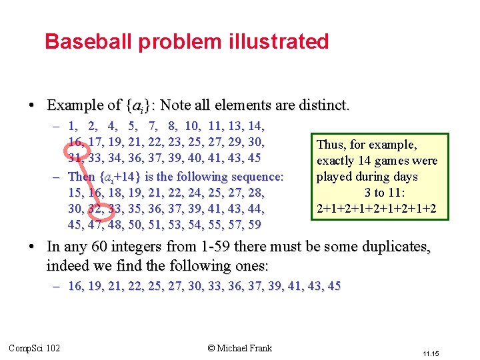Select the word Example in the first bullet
click(75, 105)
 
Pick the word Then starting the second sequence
click(81, 177)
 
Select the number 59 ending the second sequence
click(253, 225)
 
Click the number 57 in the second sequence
click(230, 225)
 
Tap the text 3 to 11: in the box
click(377, 193)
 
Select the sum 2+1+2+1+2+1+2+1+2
click(377, 209)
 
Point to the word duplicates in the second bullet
click(395, 247)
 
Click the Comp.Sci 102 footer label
click(34, 347)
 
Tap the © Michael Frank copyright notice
click(239, 347)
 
